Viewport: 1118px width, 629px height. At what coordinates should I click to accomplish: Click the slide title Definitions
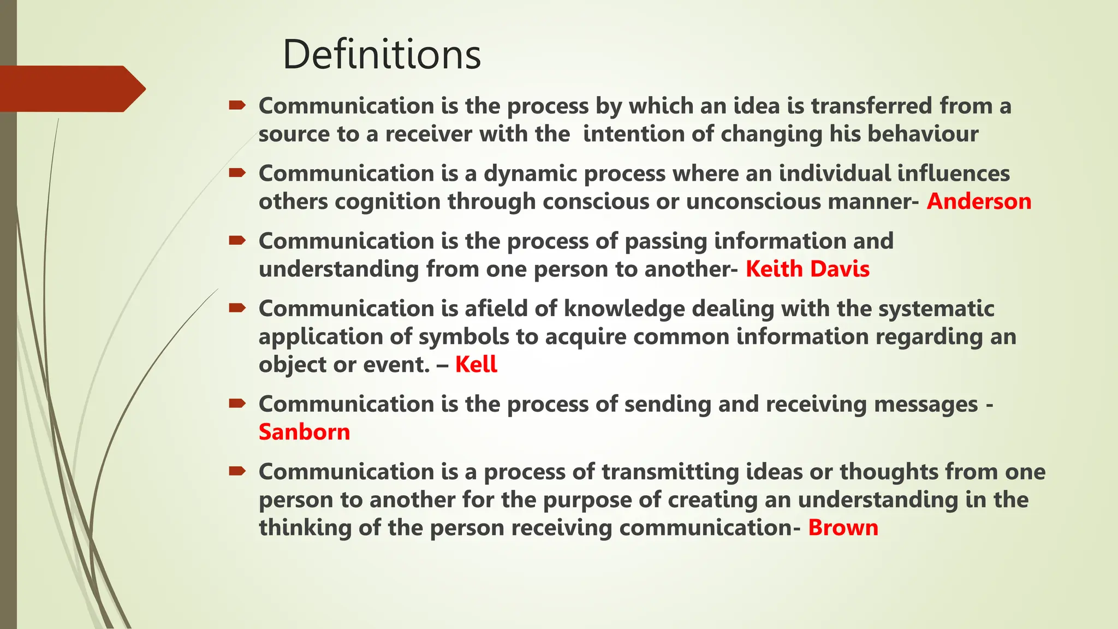coord(382,55)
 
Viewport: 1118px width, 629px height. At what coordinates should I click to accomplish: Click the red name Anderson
coord(979,201)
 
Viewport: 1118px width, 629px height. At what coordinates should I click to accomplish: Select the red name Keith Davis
coord(807,269)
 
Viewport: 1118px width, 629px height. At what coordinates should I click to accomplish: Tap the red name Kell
coord(476,364)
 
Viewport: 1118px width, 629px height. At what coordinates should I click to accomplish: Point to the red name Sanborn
coord(304,432)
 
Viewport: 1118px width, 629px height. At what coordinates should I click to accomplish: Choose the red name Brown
coord(843,527)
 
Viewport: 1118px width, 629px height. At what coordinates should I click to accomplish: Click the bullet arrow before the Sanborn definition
coord(237,404)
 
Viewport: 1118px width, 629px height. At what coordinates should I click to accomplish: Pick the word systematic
coord(936,308)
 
